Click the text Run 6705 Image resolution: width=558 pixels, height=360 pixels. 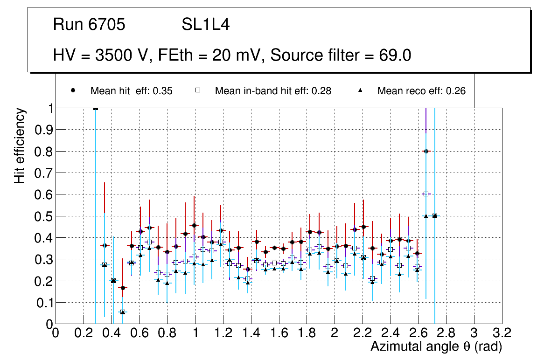pos(89,25)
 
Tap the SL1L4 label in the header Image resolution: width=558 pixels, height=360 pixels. pos(205,25)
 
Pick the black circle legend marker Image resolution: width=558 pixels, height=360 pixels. pos(73,91)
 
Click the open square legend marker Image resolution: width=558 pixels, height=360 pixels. pos(197,91)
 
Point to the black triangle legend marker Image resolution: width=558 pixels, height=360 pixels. pos(360,91)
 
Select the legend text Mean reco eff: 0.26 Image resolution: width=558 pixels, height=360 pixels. pos(421,91)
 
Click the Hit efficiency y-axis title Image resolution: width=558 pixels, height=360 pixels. pos(20,145)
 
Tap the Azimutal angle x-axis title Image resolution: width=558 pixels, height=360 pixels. pos(436,346)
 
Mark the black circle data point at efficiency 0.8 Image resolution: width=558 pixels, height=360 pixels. pos(426,151)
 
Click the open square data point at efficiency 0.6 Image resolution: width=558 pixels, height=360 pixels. pos(426,194)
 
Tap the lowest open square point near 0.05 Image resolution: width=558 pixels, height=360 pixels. pos(123,312)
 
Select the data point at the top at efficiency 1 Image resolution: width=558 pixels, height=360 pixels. pos(96,108)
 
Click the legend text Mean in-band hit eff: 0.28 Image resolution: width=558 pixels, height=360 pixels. pos(273,91)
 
